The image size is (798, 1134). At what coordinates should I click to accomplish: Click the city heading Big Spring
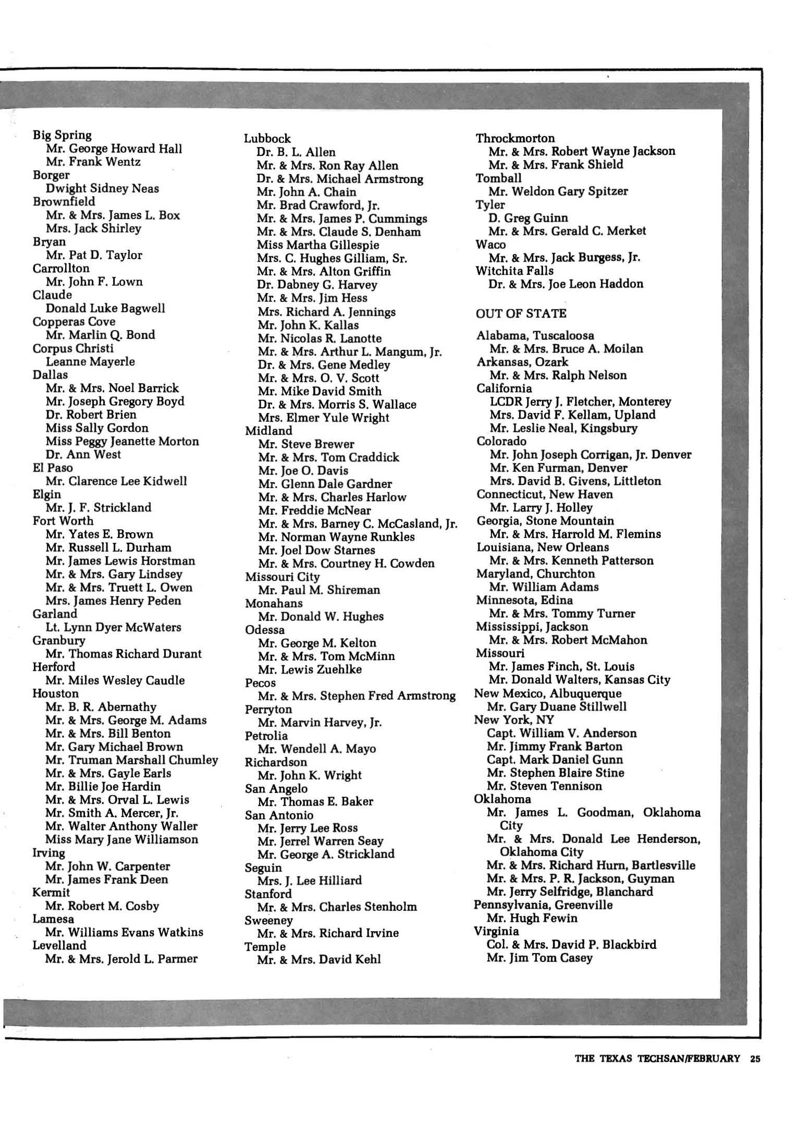tap(62, 135)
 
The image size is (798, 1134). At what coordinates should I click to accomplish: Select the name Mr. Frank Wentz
tap(93, 162)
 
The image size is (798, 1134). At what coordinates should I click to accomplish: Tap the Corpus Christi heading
tap(73, 348)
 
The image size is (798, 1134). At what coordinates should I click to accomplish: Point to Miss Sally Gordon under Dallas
tap(97, 428)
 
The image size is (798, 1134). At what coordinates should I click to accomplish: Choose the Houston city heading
tap(56, 693)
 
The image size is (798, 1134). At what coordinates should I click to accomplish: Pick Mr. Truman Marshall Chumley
tap(132, 760)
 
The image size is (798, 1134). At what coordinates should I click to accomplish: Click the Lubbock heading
tap(268, 139)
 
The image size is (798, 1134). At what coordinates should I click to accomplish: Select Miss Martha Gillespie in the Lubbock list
tap(318, 245)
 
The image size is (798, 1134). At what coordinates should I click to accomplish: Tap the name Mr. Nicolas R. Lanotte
tap(320, 338)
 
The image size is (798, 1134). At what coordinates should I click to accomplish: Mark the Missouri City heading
tap(283, 577)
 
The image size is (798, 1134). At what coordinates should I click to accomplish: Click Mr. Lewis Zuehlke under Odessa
tap(310, 669)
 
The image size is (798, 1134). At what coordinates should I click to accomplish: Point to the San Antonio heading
tap(279, 815)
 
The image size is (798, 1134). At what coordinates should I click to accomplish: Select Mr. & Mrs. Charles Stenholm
tap(337, 907)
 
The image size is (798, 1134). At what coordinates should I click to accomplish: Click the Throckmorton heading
tap(515, 138)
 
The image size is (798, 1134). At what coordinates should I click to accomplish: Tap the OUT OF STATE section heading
tap(521, 313)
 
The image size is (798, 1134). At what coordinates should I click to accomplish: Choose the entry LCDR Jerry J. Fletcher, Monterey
tap(580, 401)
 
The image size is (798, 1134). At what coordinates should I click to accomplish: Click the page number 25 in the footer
tap(756, 1058)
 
